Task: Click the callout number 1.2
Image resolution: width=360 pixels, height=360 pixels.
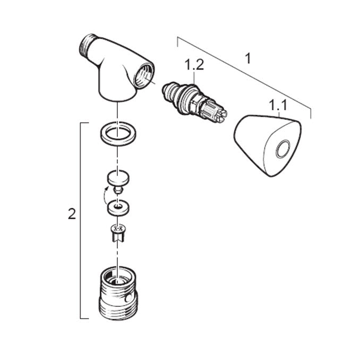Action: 194,65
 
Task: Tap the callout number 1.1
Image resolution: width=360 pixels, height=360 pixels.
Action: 278,106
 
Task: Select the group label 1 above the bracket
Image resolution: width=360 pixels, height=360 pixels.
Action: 248,58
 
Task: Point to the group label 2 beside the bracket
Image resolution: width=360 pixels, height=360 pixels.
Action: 72,214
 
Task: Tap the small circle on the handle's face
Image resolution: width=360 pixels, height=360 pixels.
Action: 283,149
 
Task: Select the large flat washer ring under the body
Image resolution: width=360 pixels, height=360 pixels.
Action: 118,134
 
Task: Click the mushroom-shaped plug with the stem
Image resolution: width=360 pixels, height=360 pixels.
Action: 118,182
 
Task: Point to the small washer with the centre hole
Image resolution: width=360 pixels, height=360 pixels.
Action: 118,208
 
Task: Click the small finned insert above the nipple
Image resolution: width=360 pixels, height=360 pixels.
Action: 118,233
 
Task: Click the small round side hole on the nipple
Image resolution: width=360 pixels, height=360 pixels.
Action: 127,299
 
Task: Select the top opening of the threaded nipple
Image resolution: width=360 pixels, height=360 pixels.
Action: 118,277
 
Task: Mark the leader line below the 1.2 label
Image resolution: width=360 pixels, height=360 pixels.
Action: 194,78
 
